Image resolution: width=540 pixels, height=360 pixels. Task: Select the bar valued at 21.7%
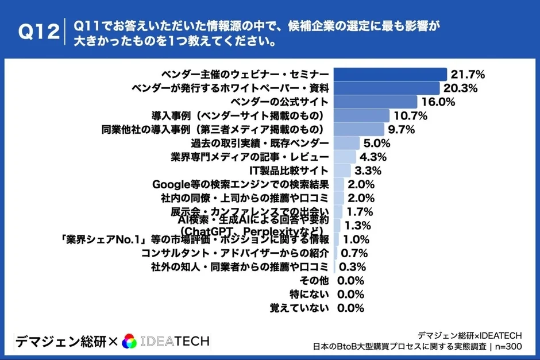click(x=390, y=75)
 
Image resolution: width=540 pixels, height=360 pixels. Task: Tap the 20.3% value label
click(x=461, y=88)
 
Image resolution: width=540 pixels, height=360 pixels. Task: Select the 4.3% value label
click(x=373, y=157)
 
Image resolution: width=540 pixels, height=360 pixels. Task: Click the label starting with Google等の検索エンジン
click(x=240, y=184)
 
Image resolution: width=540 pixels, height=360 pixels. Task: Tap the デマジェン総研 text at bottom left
click(x=60, y=342)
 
